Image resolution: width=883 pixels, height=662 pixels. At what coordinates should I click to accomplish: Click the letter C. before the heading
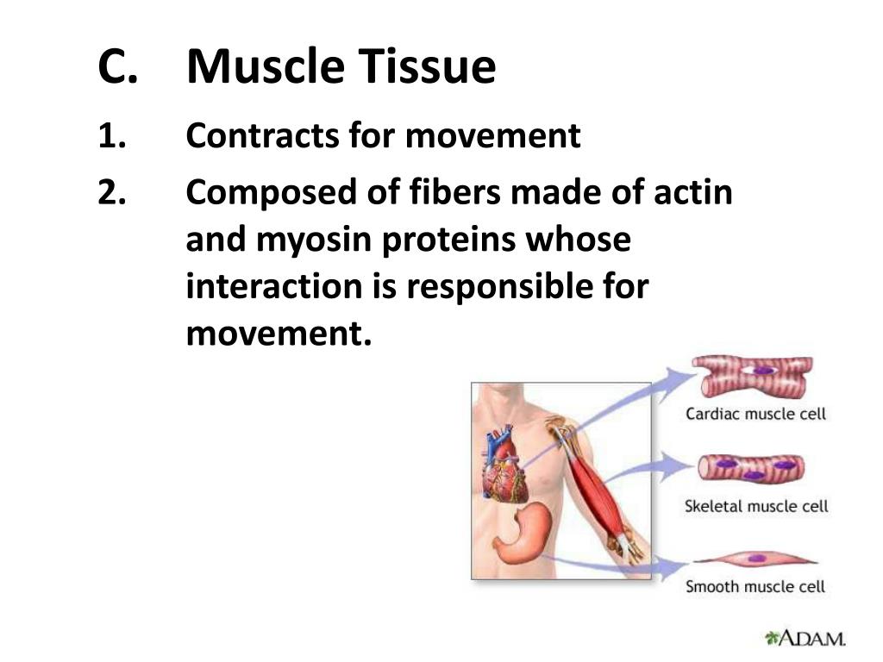pos(117,66)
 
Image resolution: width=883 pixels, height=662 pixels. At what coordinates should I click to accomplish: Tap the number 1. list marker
pos(112,136)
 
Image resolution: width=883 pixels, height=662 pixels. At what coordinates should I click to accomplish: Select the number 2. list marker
pos(112,192)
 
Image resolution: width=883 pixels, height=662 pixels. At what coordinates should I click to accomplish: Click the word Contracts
pos(262,136)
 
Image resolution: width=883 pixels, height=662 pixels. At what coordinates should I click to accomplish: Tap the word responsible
pos(499,286)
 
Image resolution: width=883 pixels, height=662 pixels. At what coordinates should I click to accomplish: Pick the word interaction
pos(274,286)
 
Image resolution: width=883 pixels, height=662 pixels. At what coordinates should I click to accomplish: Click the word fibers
pos(454,191)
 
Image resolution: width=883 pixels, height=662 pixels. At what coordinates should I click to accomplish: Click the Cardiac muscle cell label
pos(755,414)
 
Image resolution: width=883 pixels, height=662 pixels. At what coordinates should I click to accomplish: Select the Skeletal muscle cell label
pos(756,506)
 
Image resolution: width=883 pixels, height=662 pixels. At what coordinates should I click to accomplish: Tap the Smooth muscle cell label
pos(755,586)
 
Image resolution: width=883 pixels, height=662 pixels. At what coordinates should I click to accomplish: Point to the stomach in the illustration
pos(522,533)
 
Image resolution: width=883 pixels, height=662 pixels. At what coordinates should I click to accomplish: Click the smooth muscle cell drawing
pos(755,559)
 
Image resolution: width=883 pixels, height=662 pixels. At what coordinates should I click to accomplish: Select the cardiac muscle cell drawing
pos(753,375)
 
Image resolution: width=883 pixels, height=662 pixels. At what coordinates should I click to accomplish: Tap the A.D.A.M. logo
pos(805,638)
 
